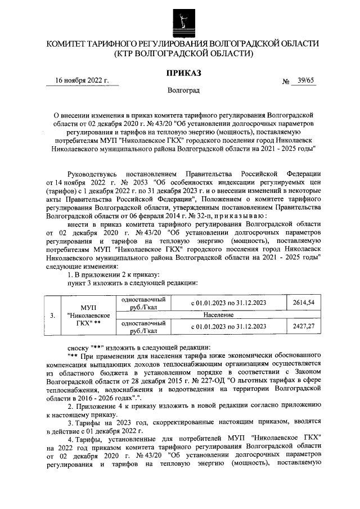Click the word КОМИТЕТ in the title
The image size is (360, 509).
point(67,44)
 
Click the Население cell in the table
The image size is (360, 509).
point(228,314)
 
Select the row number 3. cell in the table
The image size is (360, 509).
point(52,315)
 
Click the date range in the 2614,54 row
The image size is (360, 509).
point(228,303)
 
